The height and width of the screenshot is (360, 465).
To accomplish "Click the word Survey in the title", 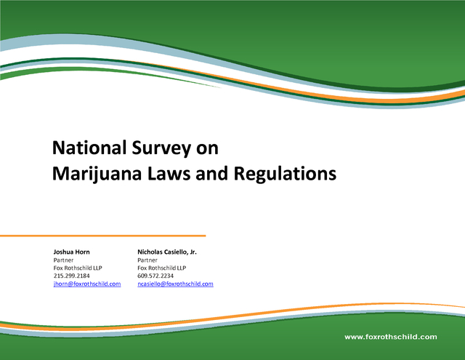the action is click(161, 148).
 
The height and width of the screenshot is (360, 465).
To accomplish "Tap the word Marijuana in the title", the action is click(97, 174).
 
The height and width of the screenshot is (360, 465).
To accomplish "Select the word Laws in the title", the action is click(169, 173).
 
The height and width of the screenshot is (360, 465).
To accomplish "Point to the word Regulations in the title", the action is click(286, 174).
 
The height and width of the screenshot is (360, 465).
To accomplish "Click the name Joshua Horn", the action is click(71, 252).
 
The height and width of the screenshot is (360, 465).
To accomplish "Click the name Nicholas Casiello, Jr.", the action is click(167, 252).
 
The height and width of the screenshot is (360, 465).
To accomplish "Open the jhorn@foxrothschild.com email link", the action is click(87, 284).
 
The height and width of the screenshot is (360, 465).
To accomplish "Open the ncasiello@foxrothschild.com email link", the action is click(175, 284).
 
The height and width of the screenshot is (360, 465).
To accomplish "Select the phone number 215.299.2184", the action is click(71, 276).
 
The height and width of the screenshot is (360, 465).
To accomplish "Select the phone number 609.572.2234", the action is click(155, 276).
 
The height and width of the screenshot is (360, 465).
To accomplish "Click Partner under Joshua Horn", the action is click(63, 260).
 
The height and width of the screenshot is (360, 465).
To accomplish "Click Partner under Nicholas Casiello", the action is click(147, 260).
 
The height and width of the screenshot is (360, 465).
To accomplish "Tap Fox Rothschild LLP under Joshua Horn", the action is click(78, 268).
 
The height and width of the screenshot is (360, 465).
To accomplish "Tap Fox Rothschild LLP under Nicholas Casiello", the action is click(161, 268).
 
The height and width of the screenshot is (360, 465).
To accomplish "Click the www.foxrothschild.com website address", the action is click(391, 337).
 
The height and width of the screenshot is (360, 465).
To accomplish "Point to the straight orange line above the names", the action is click(103, 236).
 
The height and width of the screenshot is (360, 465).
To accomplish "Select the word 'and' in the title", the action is click(211, 173).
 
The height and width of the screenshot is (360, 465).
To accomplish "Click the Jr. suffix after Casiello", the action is click(193, 252).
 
